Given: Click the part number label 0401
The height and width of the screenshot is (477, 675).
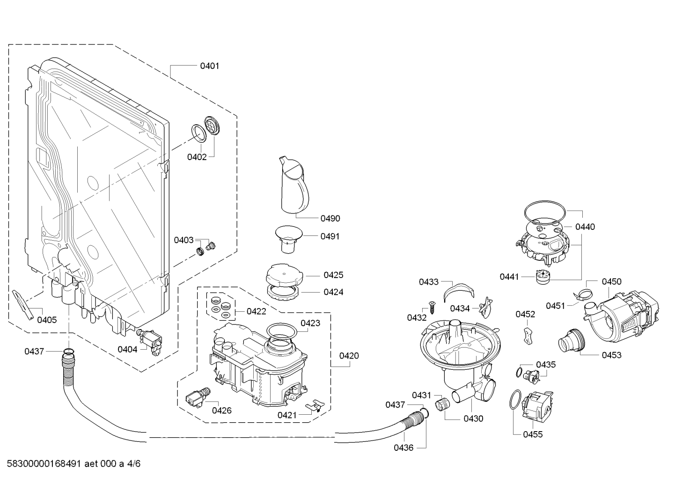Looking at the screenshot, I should pos(209,66).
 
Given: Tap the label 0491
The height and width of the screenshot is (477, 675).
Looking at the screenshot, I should pos(330,236).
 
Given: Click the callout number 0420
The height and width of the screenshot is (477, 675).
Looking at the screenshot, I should pos(349,356).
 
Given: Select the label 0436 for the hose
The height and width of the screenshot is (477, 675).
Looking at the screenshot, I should pos(403,448).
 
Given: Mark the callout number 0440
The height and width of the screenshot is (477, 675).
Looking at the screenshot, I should pos(585,227).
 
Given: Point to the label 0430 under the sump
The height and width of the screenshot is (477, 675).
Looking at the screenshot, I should pos(473,419).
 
